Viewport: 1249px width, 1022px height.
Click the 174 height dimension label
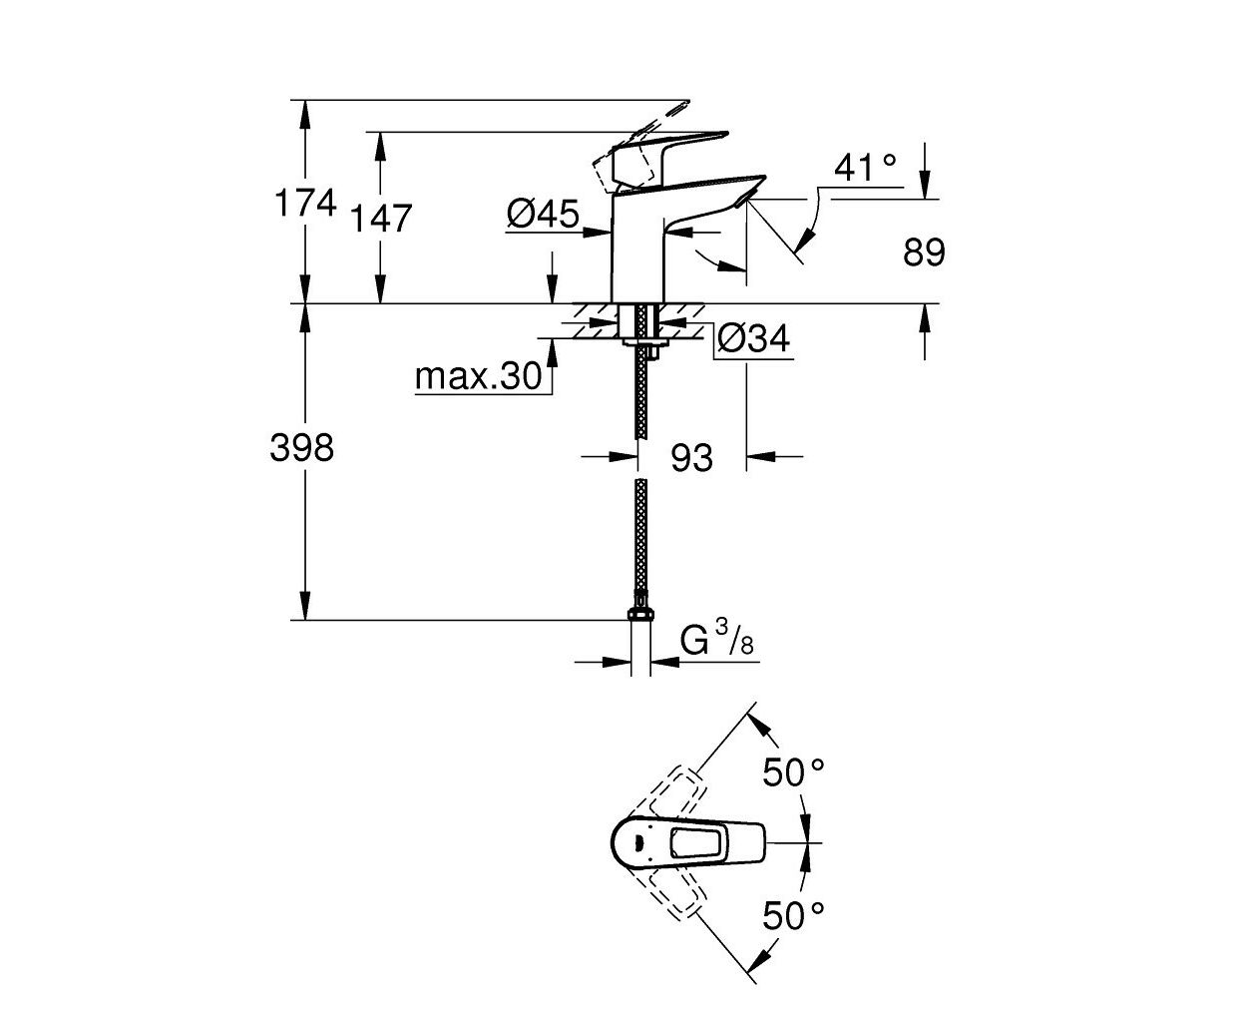(x=305, y=203)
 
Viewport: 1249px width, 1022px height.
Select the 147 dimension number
(x=381, y=218)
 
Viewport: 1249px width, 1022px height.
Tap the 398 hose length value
(x=301, y=447)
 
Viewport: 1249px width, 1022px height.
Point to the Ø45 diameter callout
(x=543, y=214)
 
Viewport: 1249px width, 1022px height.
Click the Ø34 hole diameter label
(x=753, y=339)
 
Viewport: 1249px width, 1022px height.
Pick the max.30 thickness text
(x=479, y=375)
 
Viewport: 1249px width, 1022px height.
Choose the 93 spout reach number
(x=691, y=458)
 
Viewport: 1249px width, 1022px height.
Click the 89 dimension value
(x=924, y=252)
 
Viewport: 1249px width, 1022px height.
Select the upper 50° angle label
(x=793, y=771)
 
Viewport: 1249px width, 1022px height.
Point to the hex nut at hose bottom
(x=640, y=614)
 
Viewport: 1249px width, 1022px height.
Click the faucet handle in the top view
(x=687, y=842)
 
